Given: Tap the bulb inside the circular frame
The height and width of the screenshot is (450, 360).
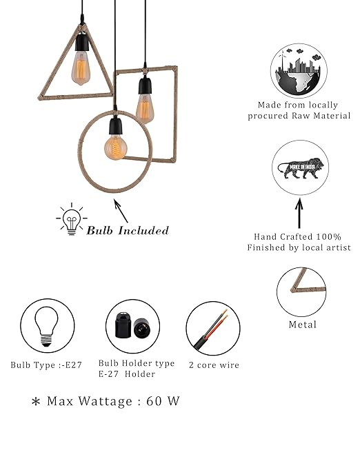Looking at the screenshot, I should (116, 147).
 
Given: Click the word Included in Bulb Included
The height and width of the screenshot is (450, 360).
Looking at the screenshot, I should (143, 231).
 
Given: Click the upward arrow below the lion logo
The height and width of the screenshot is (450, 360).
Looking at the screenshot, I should (299, 213).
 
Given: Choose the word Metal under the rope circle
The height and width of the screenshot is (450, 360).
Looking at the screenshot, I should (303, 325).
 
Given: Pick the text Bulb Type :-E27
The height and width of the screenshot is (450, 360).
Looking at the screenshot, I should (46, 365).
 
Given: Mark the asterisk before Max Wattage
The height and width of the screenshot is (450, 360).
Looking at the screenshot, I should (36, 401).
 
